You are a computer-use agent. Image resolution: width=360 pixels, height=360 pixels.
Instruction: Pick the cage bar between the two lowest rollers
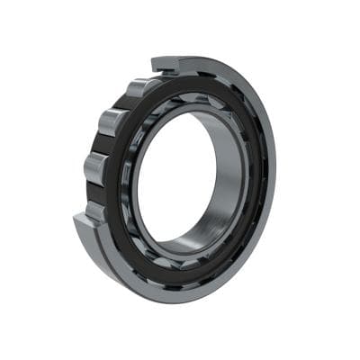95,191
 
